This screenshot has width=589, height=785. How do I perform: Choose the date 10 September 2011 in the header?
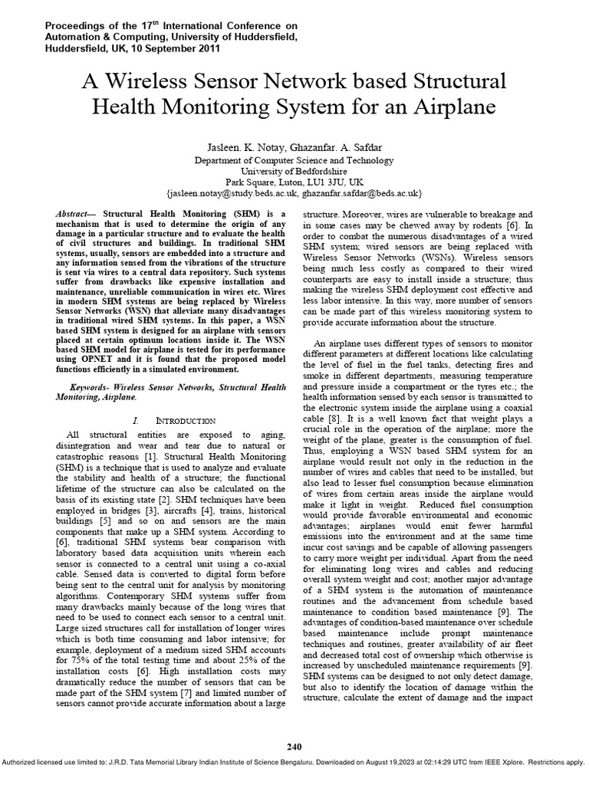pyautogui.click(x=174, y=48)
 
